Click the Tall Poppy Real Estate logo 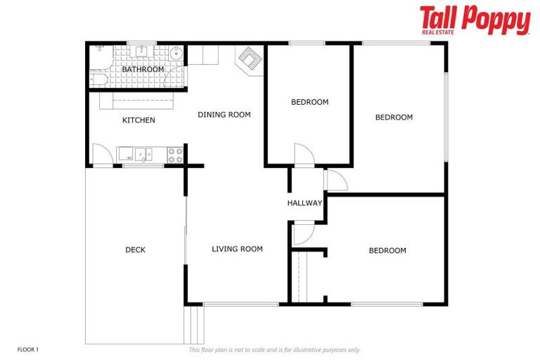[475, 20]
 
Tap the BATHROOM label [143, 70]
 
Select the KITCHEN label [139, 120]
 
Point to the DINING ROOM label [224, 115]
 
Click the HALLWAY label [304, 203]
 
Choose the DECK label [135, 250]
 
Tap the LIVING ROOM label [237, 249]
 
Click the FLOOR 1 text [27, 349]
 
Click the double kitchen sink [143, 153]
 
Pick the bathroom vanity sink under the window [143, 51]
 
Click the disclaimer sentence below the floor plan [274, 349]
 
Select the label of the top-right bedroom [393, 117]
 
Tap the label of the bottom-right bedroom [387, 251]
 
